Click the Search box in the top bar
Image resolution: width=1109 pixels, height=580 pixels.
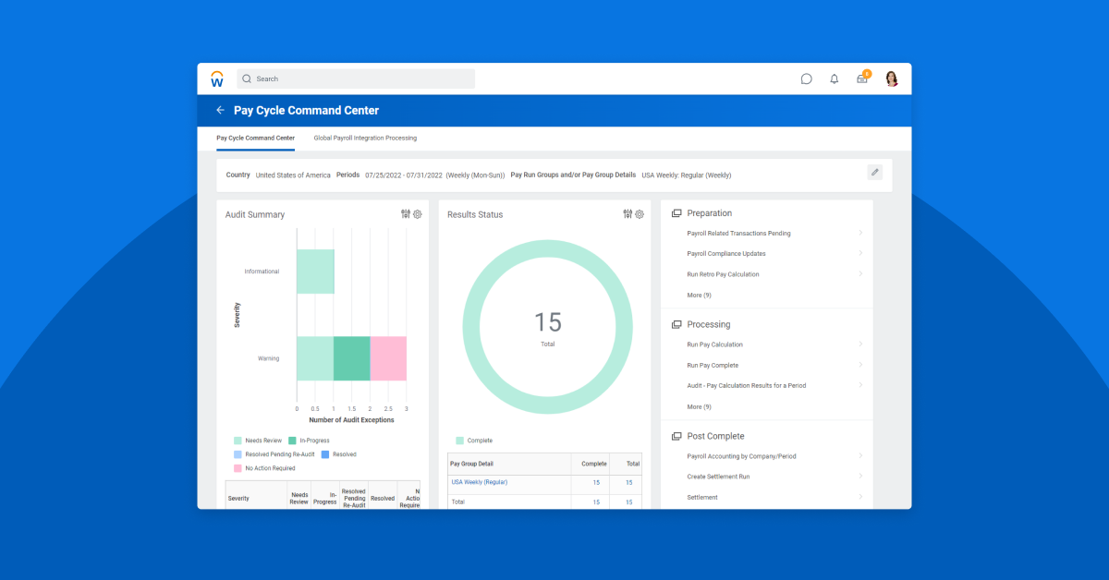tap(356, 79)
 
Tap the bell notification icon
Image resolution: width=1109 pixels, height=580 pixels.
tap(835, 79)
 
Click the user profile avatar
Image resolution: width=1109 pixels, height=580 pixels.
tap(892, 79)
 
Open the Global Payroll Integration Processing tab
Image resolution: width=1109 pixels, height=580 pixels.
tap(365, 138)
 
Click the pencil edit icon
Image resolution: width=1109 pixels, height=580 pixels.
tap(874, 172)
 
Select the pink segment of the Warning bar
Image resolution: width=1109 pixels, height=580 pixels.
tap(388, 358)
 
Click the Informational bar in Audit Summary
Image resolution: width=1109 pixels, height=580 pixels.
tap(315, 272)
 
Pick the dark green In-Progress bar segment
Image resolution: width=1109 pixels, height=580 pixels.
tap(351, 358)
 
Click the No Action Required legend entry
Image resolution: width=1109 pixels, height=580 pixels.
tap(270, 468)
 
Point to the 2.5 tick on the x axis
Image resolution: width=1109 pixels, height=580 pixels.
tap(388, 408)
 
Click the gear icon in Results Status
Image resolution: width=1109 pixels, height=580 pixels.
tap(640, 214)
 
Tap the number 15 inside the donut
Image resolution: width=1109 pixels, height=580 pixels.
tap(548, 322)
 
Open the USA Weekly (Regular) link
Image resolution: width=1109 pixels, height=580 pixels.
tap(479, 482)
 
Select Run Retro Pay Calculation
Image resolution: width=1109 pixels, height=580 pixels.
tap(723, 274)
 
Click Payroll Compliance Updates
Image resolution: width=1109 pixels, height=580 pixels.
tap(726, 254)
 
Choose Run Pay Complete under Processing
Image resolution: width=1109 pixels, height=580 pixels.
tap(713, 365)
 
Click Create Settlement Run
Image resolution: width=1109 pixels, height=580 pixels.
tap(718, 477)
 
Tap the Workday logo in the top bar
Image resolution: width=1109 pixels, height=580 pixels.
tap(217, 79)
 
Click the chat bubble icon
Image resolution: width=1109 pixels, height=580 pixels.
tap(807, 79)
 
